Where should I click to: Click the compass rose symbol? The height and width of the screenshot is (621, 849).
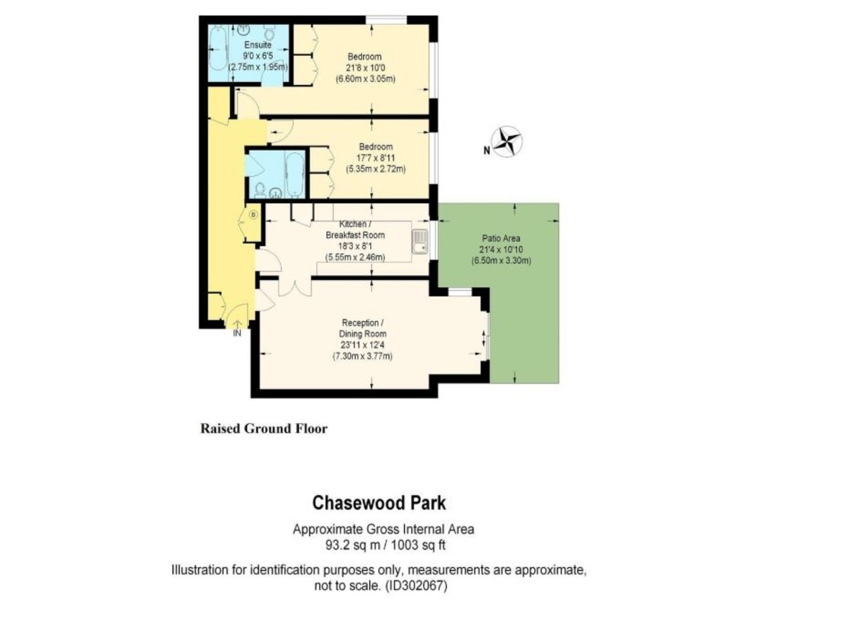click(x=507, y=141)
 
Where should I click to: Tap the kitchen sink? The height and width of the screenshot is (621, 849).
click(x=420, y=241)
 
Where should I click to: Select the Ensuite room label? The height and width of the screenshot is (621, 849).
click(x=258, y=45)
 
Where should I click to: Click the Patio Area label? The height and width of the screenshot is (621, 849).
click(x=501, y=238)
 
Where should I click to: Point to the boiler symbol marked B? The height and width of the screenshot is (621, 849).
click(x=253, y=215)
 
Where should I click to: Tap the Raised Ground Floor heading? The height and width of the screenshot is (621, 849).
click(x=264, y=429)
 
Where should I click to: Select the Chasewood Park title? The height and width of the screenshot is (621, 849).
click(x=379, y=503)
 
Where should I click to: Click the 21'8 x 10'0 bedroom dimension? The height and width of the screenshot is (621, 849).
click(x=364, y=68)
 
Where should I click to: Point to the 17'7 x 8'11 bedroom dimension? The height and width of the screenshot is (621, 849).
click(x=376, y=158)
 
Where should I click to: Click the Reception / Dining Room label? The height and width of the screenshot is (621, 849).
click(x=363, y=328)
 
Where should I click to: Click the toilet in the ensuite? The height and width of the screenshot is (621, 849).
click(x=270, y=33)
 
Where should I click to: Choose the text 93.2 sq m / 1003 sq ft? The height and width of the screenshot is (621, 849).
click(x=386, y=545)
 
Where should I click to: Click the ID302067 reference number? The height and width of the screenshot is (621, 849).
click(x=416, y=586)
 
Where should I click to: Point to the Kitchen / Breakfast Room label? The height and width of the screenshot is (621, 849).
click(x=355, y=230)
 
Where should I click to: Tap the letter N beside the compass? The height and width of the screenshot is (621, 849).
click(x=487, y=151)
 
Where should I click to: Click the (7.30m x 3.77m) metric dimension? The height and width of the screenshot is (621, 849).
click(x=362, y=356)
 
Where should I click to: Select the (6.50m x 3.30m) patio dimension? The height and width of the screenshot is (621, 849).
click(x=501, y=261)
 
